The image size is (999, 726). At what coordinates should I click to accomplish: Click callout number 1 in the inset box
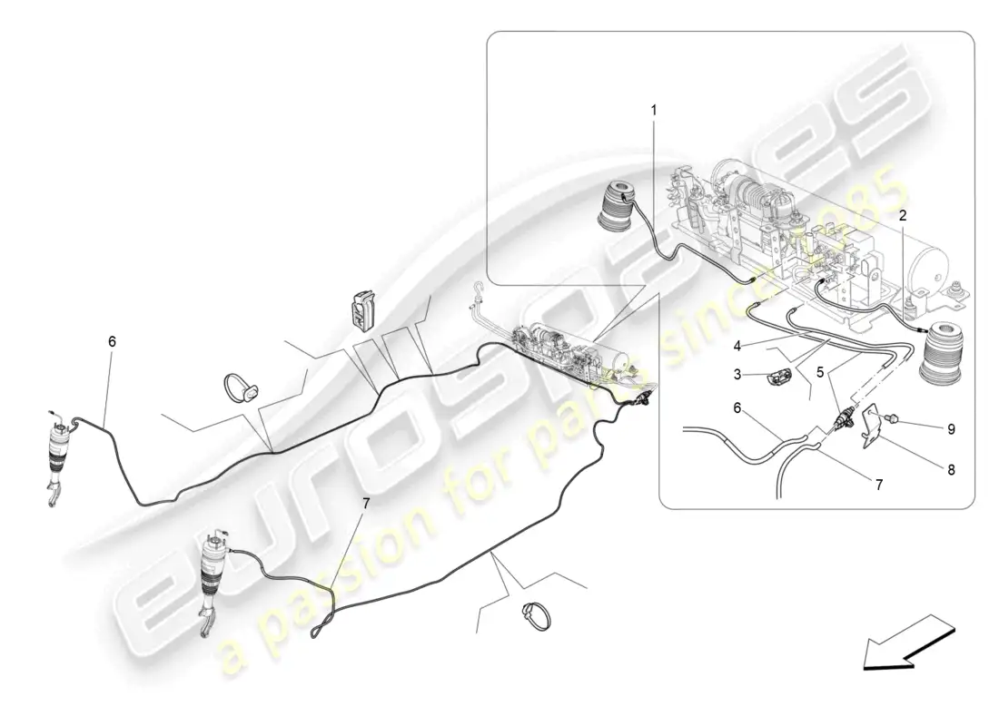click(x=653, y=110)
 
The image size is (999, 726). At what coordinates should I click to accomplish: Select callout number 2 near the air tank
click(x=903, y=216)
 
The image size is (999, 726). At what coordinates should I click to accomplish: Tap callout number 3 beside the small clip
click(x=737, y=375)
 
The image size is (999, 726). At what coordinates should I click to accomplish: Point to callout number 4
click(x=737, y=347)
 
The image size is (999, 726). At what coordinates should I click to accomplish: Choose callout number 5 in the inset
click(x=820, y=372)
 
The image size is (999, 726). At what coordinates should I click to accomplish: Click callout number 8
click(x=951, y=471)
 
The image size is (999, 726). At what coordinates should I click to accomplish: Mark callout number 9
click(x=951, y=429)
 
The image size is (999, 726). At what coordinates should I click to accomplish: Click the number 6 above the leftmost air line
click(x=112, y=342)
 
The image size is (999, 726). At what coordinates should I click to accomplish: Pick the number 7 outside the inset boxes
click(x=366, y=504)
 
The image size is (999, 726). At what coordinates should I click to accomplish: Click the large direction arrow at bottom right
click(x=909, y=643)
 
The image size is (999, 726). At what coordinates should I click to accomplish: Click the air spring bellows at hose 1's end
click(x=616, y=204)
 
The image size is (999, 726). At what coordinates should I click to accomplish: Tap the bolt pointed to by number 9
click(x=893, y=418)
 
